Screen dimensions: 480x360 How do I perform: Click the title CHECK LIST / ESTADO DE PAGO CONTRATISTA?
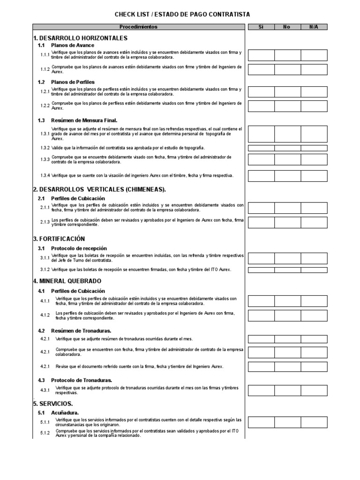point(182,15)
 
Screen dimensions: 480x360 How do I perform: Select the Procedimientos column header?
point(138,27)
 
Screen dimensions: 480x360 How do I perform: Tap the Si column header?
point(261,27)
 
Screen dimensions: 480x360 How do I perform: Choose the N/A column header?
point(314,27)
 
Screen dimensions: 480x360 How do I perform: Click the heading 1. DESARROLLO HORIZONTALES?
point(80,38)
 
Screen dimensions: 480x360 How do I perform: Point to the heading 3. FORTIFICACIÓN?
point(59,239)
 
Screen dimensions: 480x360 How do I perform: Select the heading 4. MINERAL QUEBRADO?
point(67,281)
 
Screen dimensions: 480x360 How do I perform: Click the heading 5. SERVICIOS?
point(52,403)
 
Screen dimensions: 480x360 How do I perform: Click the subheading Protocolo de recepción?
point(79,248)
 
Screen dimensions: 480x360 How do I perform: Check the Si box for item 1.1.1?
point(261,55)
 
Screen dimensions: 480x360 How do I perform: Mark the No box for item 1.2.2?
point(287,106)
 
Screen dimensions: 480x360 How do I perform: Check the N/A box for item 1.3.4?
point(314,176)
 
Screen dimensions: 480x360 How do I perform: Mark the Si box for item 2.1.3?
point(261,222)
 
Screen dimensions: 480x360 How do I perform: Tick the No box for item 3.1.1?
point(287,258)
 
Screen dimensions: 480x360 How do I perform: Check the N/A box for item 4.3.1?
point(314,390)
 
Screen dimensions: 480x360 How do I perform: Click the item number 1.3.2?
point(45,148)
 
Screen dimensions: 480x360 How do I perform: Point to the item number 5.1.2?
point(45,433)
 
